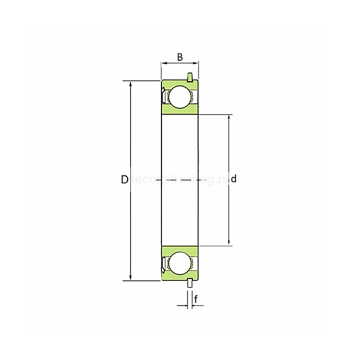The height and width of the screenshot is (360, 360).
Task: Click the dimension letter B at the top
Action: click(180, 57)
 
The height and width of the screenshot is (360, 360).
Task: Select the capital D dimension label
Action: click(124, 179)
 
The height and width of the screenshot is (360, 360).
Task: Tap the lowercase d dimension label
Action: click(233, 179)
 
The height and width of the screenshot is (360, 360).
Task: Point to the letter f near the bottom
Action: click(196, 298)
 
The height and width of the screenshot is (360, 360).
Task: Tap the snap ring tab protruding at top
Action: click(191, 78)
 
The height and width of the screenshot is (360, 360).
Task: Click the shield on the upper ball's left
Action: click(164, 97)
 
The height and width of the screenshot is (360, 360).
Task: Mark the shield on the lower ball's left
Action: click(164, 263)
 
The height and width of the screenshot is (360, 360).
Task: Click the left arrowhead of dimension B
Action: click(164, 64)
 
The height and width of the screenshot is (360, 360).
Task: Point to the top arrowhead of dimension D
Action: click(131, 84)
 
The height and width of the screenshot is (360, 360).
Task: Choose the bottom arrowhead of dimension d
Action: click(229, 243)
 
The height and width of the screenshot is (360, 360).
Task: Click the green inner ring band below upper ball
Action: click(180, 111)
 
